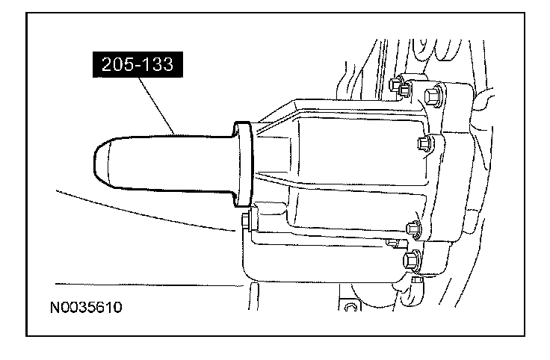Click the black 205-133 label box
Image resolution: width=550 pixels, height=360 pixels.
tap(137, 64)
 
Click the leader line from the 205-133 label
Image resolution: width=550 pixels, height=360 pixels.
tap(156, 106)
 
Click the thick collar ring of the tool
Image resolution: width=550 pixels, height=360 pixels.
tap(243, 164)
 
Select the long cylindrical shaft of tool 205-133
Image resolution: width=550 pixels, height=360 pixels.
tap(168, 164)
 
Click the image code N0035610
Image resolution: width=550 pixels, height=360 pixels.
tap(86, 308)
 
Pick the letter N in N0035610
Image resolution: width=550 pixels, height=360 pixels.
tap(55, 308)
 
